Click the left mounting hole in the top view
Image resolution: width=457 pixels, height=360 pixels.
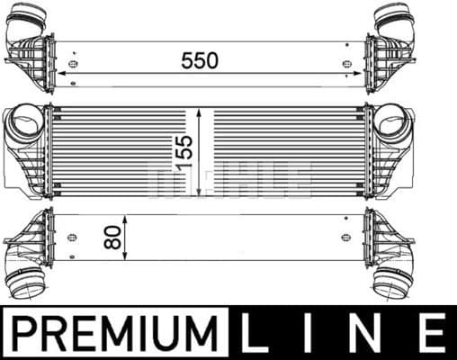pyautogui.click(x=72, y=64)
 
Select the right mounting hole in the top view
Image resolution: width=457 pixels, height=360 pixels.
pyautogui.click(x=347, y=64)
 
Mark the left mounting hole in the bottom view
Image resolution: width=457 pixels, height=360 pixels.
pyautogui.click(x=72, y=237)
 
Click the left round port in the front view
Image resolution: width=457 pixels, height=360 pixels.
pyautogui.click(x=28, y=121)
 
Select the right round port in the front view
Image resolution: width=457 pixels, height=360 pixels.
pyautogui.click(x=391, y=121)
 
